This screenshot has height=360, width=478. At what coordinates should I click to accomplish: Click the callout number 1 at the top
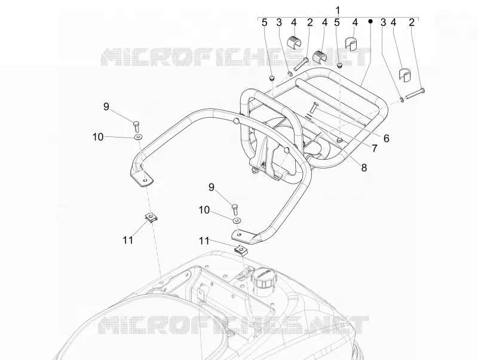pyautogui.click(x=338, y=10)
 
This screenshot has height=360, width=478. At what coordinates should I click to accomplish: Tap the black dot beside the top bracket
pyautogui.click(x=370, y=22)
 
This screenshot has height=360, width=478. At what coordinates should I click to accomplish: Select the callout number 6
pyautogui.click(x=386, y=139)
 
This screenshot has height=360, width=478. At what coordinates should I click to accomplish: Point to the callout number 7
pyautogui.click(x=375, y=148)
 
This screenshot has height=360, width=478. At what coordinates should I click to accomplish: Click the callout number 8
pyautogui.click(x=364, y=167)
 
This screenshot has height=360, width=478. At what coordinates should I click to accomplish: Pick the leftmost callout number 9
pyautogui.click(x=106, y=107)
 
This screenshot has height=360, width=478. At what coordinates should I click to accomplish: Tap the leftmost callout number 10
pyautogui.click(x=98, y=138)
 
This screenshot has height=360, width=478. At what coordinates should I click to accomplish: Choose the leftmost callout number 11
pyautogui.click(x=128, y=240)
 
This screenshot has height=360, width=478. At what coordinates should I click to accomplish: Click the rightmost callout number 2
pyautogui.click(x=412, y=22)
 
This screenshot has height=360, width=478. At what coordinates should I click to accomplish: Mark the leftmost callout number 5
pyautogui.click(x=264, y=22)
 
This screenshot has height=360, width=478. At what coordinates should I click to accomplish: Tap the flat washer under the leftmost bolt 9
pyautogui.click(x=139, y=137)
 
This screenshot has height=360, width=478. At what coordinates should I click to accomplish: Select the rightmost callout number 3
pyautogui.click(x=383, y=22)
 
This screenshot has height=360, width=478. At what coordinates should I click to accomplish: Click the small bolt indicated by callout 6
pyautogui.click(x=314, y=108)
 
